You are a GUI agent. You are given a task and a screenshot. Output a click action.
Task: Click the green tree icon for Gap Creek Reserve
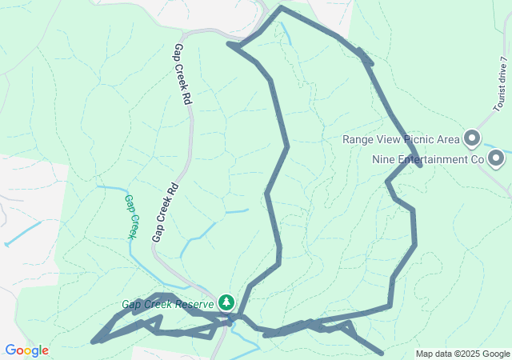coord(226,302)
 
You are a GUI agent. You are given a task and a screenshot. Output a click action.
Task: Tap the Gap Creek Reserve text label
coord(168,304)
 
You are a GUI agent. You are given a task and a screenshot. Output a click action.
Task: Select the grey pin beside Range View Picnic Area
coord(472,139)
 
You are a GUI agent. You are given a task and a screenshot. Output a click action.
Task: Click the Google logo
coord(26,350)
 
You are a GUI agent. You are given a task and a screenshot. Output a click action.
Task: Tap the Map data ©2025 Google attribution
coord(462,354)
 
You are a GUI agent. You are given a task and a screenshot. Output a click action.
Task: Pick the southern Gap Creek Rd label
coord(164,211)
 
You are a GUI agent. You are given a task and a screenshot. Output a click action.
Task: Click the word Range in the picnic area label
coord(359,139)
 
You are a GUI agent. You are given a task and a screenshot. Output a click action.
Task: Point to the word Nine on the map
coord(385,159)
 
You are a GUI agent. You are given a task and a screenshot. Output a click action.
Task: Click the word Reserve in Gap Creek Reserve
coord(195,304)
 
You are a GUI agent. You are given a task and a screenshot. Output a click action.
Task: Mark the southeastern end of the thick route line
coord(382,352)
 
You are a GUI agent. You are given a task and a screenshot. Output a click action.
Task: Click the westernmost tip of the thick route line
coord(94,342)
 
